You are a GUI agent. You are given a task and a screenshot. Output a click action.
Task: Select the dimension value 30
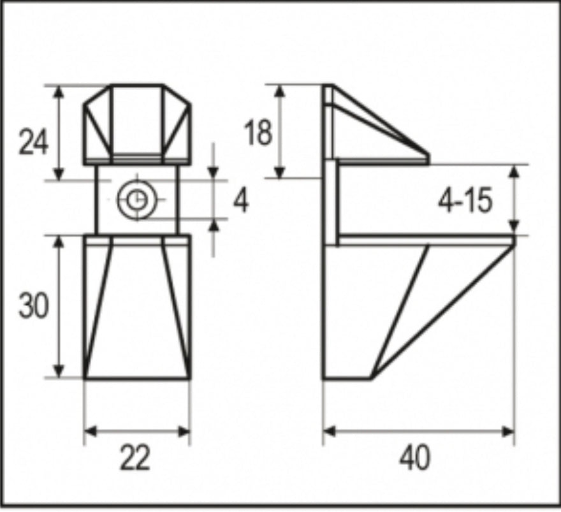[x=33, y=307]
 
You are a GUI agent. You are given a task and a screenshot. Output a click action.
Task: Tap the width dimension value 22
[x=135, y=458]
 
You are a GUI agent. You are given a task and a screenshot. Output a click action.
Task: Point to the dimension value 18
[x=258, y=133]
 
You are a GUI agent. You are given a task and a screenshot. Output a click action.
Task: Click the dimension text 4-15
[x=465, y=202]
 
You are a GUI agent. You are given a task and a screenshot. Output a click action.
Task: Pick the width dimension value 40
[x=415, y=458]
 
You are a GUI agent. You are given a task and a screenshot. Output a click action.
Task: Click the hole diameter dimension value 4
[x=241, y=201]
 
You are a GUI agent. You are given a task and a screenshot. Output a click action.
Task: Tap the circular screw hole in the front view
[x=136, y=200]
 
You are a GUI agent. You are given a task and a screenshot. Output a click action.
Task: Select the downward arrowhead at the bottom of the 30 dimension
[x=59, y=372]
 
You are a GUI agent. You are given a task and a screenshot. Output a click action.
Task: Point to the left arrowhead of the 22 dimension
[x=90, y=432]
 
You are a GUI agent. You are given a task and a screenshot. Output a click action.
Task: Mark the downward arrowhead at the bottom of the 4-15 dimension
[x=514, y=228]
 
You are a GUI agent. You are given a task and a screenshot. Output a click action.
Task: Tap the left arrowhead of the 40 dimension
[x=329, y=432]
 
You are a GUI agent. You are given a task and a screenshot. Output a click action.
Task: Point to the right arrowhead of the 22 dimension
[x=185, y=432]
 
